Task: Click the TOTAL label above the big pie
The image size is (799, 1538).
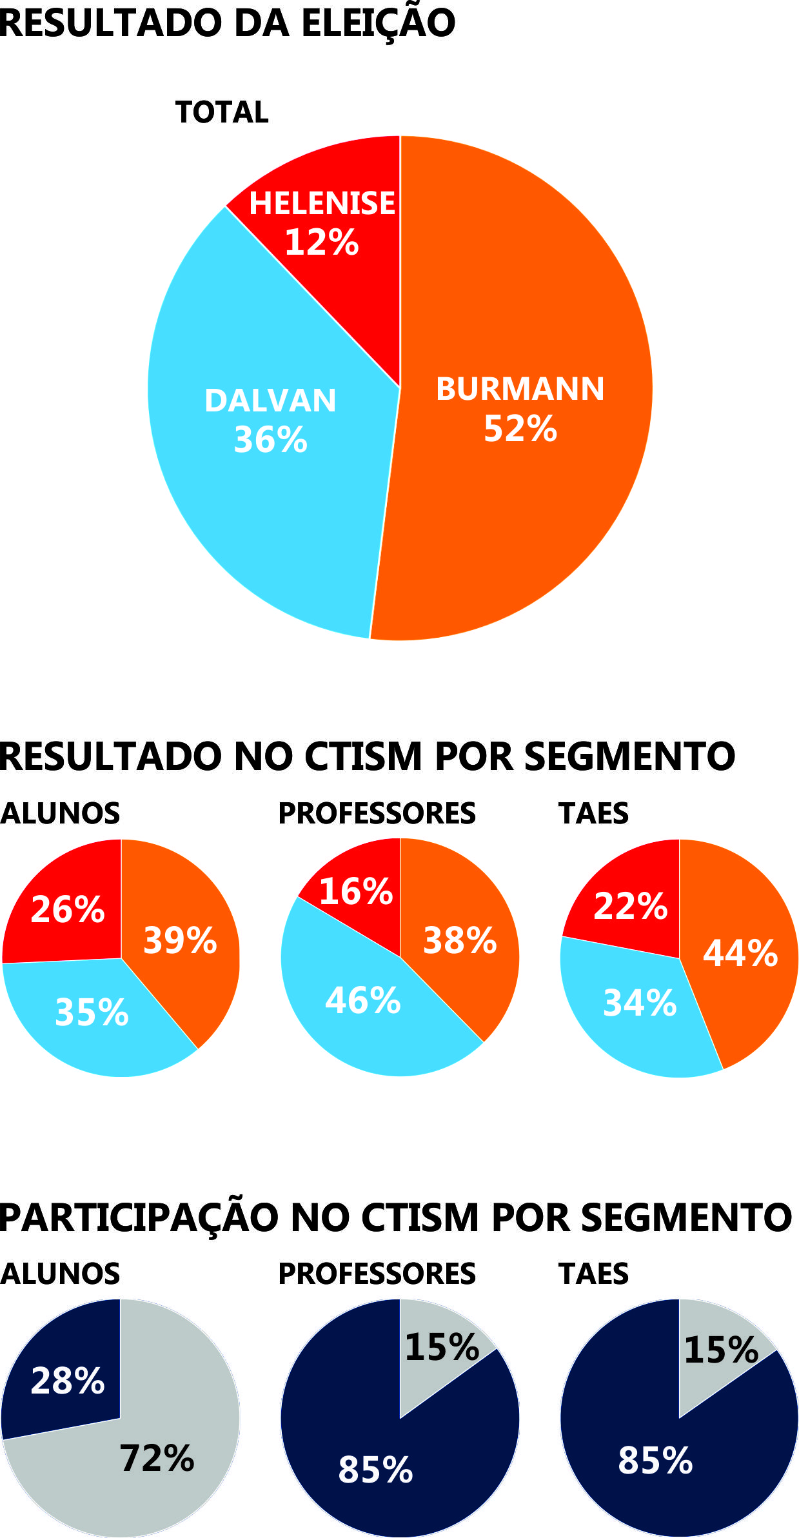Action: click(222, 112)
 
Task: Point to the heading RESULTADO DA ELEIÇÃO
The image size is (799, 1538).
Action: click(227, 23)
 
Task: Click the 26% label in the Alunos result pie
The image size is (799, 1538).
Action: click(68, 909)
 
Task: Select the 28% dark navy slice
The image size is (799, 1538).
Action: click(68, 1381)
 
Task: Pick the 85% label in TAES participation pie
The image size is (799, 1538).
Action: click(655, 1461)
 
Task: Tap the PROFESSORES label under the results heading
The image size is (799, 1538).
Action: click(377, 813)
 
